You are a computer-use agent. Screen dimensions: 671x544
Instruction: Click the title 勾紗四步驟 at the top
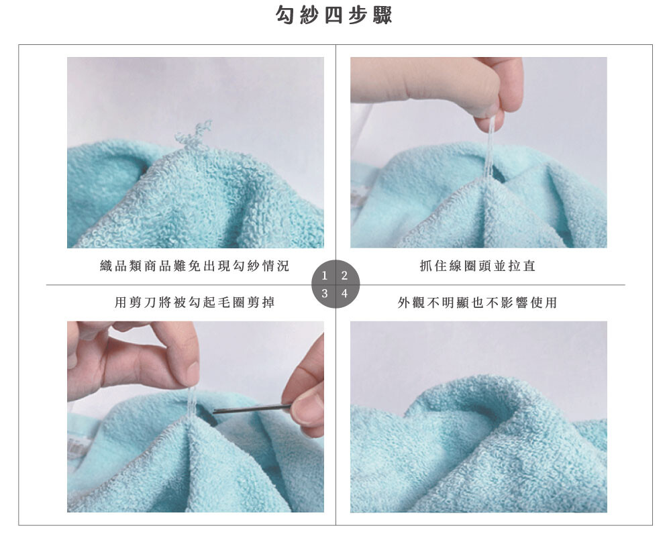[x=333, y=15]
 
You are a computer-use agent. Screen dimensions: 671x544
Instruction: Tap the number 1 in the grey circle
[x=324, y=276]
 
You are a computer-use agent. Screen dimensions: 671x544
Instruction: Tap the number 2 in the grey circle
[x=344, y=276]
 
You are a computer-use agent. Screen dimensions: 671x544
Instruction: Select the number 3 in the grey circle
[x=324, y=293]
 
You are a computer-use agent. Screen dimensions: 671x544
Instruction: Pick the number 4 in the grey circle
[x=344, y=293]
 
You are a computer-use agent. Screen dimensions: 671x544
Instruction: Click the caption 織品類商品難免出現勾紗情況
[x=195, y=266]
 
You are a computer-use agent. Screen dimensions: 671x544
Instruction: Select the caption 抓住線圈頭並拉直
[x=478, y=266]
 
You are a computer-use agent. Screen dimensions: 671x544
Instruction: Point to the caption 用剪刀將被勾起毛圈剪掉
[x=195, y=303]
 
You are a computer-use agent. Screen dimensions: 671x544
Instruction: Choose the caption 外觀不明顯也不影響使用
[x=478, y=303]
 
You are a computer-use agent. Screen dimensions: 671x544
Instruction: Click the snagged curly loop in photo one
[x=193, y=134]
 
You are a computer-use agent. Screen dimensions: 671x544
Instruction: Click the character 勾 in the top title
[x=286, y=15]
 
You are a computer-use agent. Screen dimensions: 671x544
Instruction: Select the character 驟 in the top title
[x=382, y=15]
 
